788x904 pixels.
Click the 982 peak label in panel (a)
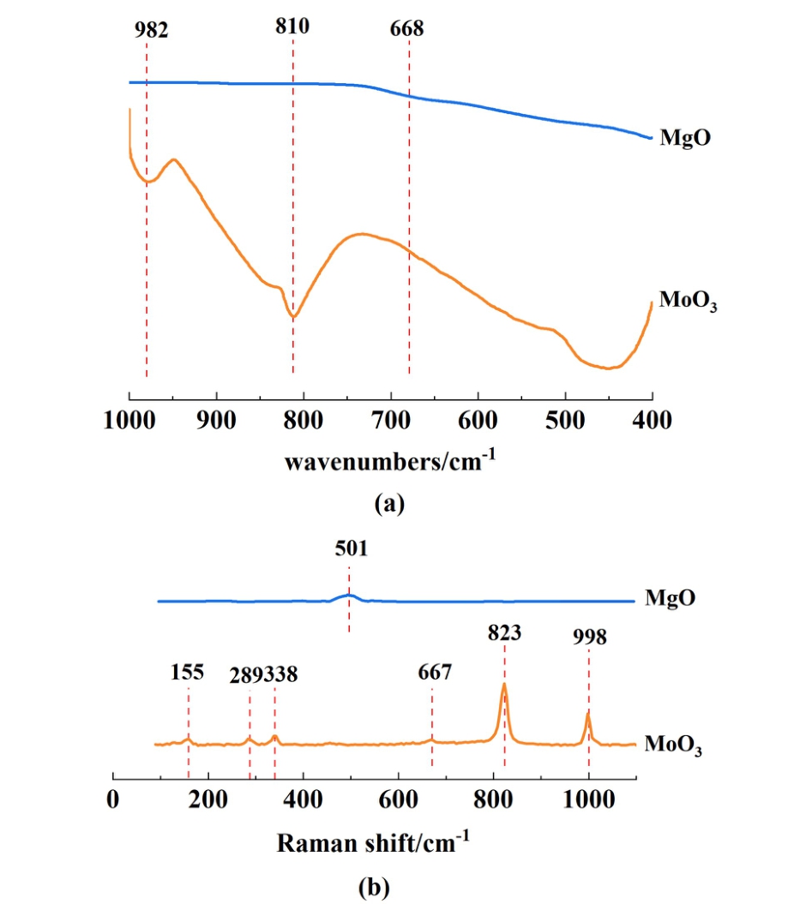(x=151, y=31)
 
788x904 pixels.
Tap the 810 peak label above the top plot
(x=292, y=26)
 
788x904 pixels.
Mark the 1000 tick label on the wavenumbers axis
(x=129, y=423)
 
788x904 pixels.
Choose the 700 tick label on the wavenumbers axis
(x=391, y=423)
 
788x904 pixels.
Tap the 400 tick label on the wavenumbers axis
(x=653, y=423)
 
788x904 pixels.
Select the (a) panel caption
(x=390, y=503)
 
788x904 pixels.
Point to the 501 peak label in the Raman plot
(x=350, y=549)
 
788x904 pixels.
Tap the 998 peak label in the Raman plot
(x=589, y=638)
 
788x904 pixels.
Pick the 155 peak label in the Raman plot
(x=187, y=672)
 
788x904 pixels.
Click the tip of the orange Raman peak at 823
(x=504, y=684)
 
